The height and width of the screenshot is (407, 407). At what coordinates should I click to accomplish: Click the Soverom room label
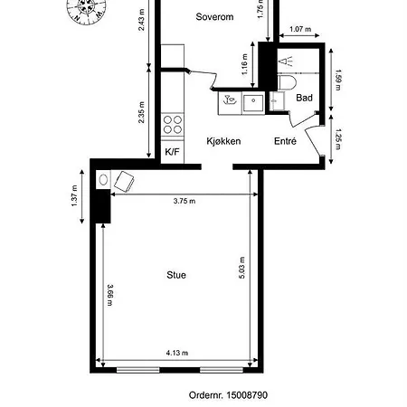(214, 17)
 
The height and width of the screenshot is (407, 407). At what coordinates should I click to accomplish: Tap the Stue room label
(176, 275)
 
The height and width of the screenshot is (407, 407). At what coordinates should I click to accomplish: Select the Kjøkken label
(223, 141)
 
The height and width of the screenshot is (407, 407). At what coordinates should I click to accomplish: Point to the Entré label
(285, 141)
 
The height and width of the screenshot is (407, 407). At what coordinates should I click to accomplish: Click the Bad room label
(304, 98)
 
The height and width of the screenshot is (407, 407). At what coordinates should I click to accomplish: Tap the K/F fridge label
(172, 152)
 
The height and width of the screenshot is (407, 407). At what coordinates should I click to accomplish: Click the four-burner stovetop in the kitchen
(173, 125)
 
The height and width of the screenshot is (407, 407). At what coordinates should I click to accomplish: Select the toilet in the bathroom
(287, 82)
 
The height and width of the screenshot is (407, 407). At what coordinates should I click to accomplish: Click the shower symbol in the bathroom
(286, 62)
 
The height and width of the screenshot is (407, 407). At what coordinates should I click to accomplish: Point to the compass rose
(87, 8)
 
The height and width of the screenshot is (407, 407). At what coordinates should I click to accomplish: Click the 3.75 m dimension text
(185, 201)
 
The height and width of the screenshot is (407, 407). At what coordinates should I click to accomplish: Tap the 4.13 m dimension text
(177, 353)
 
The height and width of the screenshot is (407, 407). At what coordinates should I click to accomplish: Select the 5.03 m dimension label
(242, 268)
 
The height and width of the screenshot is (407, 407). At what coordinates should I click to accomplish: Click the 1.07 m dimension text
(300, 29)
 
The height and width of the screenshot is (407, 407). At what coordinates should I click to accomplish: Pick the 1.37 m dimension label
(74, 196)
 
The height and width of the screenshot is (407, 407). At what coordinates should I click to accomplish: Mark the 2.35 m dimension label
(141, 112)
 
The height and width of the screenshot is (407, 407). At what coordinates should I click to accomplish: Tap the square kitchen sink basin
(253, 103)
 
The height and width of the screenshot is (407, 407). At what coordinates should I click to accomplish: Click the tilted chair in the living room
(124, 182)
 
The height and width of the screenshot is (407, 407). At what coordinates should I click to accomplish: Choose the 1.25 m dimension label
(338, 139)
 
